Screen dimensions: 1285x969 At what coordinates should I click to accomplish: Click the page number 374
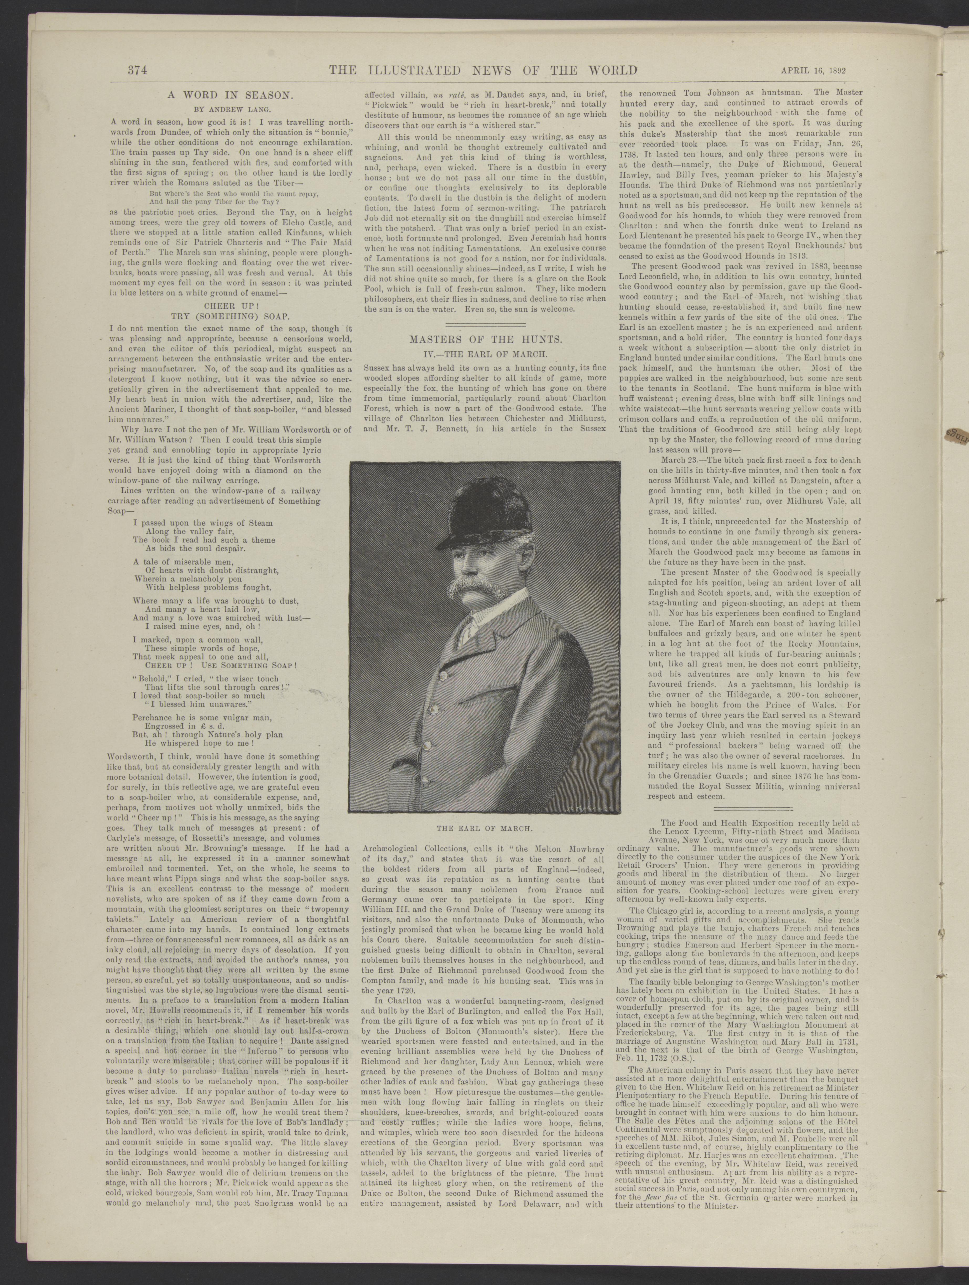click(x=139, y=71)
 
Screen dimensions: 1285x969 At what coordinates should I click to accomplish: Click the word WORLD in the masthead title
click(x=605, y=71)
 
